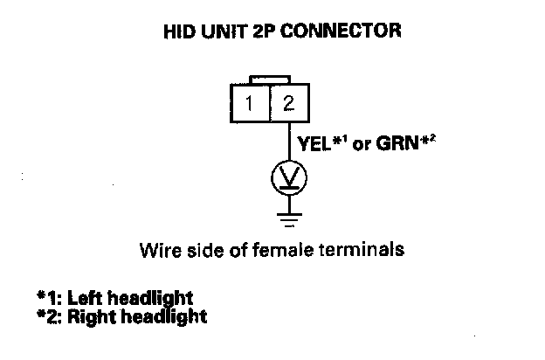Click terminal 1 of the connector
coord(250,104)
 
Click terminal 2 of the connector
coord(289,104)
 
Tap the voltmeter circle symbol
coord(289,179)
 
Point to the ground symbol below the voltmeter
coord(289,214)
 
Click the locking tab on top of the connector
coord(270,80)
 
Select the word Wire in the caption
coord(156,250)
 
